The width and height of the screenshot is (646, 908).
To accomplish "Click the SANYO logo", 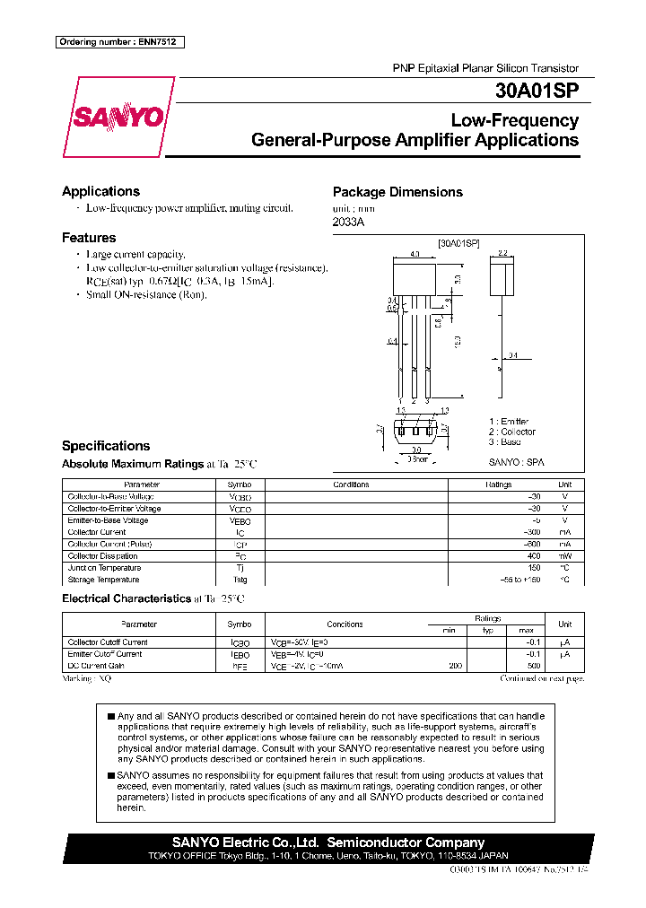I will (x=115, y=117).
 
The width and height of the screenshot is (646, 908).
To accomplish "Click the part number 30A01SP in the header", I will (x=536, y=91).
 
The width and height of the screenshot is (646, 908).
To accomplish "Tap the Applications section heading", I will (x=100, y=191).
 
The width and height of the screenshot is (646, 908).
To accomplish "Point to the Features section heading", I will (x=89, y=238).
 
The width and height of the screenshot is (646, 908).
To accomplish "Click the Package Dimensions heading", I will (x=397, y=192).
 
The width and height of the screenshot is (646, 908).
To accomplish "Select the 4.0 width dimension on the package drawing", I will (x=414, y=255).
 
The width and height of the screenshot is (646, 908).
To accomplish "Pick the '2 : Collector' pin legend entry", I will (x=511, y=432).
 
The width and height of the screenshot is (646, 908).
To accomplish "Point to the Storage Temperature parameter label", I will (x=103, y=579).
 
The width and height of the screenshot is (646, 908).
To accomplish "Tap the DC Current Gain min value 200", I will (x=456, y=666).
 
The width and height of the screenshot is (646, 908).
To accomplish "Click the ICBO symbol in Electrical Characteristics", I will (x=240, y=642).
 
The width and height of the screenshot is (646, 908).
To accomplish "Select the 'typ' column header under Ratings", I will (x=488, y=631).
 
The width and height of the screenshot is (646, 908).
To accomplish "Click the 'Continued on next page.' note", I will (x=541, y=679).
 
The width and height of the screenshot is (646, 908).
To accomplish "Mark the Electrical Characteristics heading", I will (x=126, y=598).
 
